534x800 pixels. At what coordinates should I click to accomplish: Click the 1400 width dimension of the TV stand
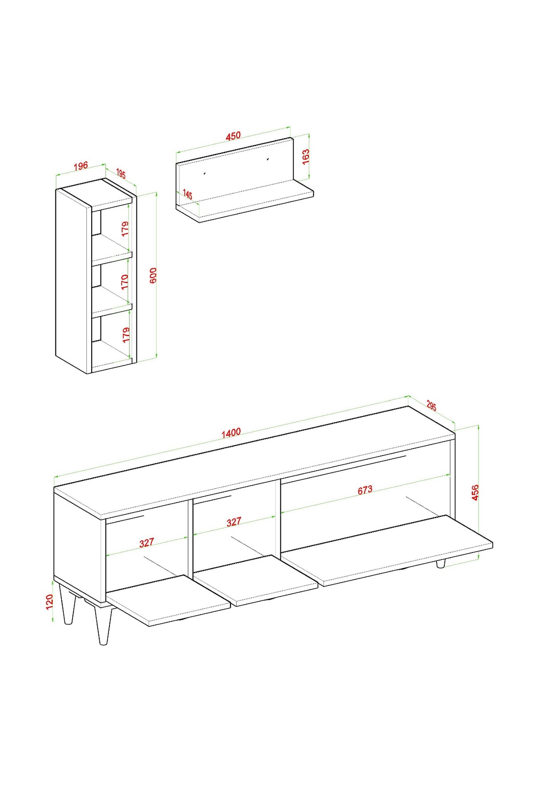[231, 432]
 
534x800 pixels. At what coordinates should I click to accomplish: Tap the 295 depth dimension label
[431, 406]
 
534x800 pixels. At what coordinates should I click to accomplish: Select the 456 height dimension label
[475, 492]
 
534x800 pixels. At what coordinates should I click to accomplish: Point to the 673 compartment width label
[365, 490]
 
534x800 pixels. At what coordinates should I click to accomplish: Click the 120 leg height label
[49, 602]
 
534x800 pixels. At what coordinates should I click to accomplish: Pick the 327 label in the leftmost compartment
[146, 543]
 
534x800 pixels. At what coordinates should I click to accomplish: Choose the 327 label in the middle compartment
[234, 521]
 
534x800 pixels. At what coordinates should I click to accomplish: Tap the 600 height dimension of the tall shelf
[153, 276]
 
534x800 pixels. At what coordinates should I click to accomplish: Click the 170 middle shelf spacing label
[125, 282]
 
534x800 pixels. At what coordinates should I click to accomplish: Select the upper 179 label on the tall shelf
[125, 228]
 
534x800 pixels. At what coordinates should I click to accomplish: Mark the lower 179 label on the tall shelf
[126, 334]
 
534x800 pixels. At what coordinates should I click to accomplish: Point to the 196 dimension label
[81, 166]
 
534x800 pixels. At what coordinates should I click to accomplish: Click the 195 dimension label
[121, 173]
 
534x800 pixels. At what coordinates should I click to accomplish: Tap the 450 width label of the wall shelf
[233, 136]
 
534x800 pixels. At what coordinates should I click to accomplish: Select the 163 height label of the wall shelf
[306, 157]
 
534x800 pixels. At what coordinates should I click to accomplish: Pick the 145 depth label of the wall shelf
[187, 195]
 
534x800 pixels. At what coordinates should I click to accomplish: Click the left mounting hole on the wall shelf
[204, 173]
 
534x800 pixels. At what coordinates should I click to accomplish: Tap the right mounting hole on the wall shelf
[268, 158]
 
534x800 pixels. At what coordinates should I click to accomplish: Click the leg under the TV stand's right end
[441, 564]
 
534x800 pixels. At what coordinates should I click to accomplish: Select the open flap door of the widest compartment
[387, 550]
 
